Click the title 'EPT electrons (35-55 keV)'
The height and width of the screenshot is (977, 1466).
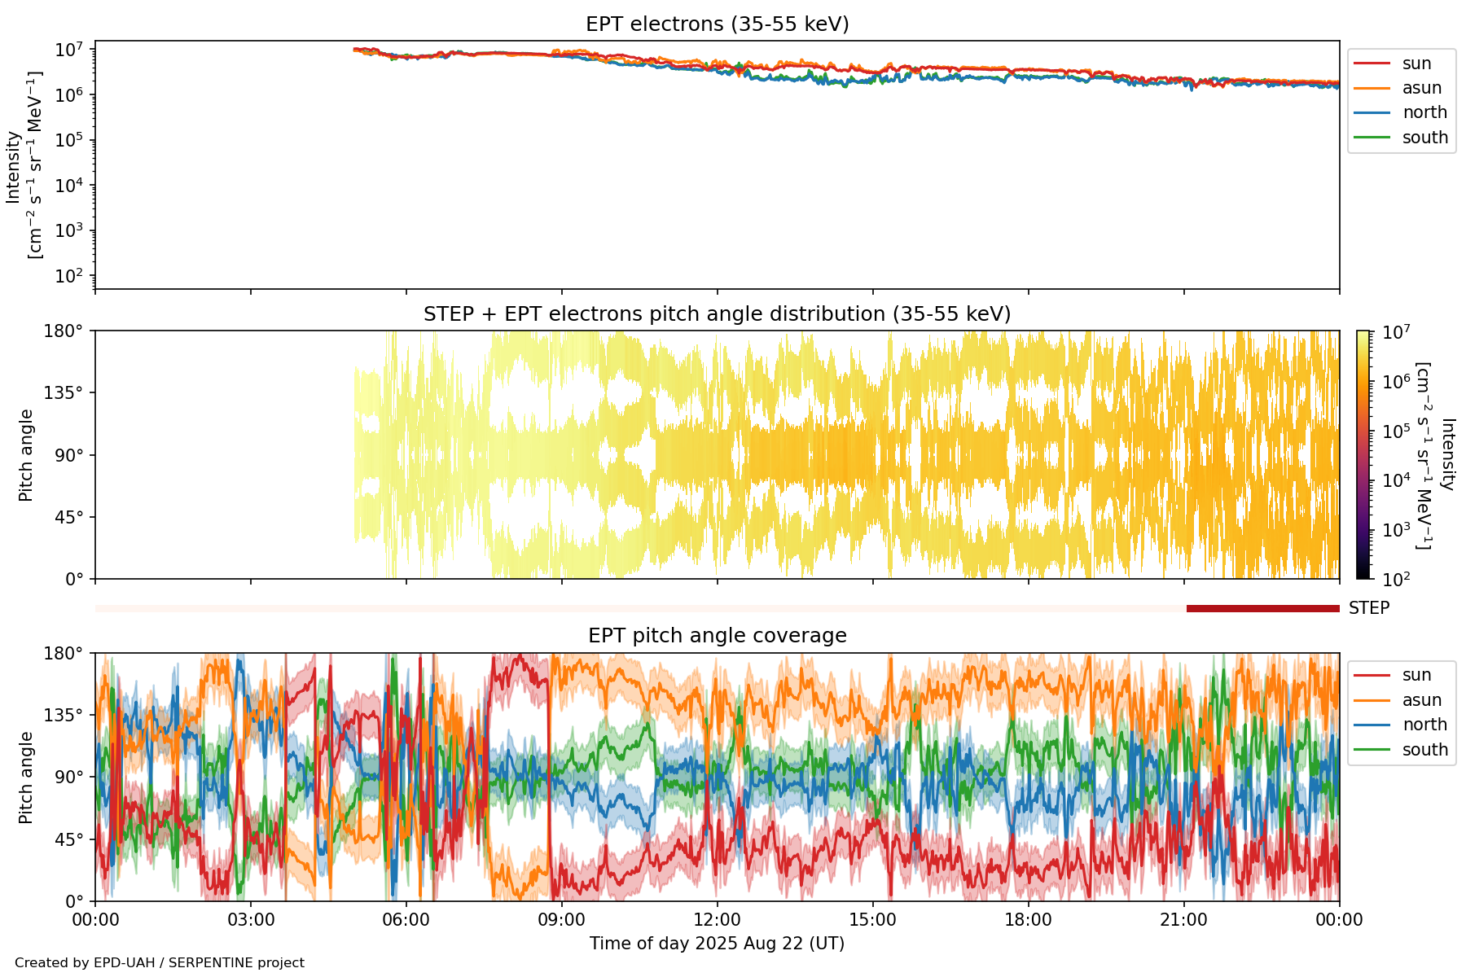pyautogui.click(x=717, y=24)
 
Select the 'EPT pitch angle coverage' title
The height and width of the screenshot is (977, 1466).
pyautogui.click(x=717, y=636)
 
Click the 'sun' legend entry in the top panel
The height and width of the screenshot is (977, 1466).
pyautogui.click(x=1416, y=64)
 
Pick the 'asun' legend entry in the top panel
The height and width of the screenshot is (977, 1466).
pyautogui.click(x=1421, y=88)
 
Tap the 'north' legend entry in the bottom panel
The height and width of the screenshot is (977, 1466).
pyautogui.click(x=1424, y=725)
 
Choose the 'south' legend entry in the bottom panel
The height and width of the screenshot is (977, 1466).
pyautogui.click(x=1424, y=750)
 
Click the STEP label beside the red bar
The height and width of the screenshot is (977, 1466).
pyautogui.click(x=1369, y=608)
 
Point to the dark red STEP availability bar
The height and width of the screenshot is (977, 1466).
pyautogui.click(x=1262, y=608)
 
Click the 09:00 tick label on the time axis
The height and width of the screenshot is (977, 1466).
pyautogui.click(x=562, y=920)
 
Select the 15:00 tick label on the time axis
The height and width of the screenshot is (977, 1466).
pyautogui.click(x=873, y=920)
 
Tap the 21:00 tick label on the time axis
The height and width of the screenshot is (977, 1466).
pyautogui.click(x=1183, y=920)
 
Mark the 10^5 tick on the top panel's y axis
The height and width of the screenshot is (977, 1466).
pyautogui.click(x=70, y=141)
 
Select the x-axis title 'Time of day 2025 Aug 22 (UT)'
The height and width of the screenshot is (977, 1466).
pyautogui.click(x=717, y=944)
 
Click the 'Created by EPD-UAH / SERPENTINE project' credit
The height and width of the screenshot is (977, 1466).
pyautogui.click(x=160, y=962)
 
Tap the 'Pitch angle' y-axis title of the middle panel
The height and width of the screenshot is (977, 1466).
pyautogui.click(x=26, y=455)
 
